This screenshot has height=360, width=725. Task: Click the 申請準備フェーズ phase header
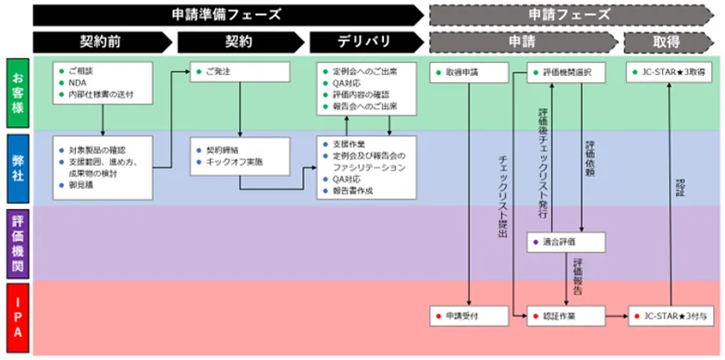(x=226, y=15)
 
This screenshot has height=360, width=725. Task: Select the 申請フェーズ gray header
(x=570, y=15)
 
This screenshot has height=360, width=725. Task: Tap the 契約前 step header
(x=100, y=41)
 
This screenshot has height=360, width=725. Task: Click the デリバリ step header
(x=362, y=41)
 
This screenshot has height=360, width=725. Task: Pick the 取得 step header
(x=666, y=41)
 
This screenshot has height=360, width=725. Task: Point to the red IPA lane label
(x=16, y=319)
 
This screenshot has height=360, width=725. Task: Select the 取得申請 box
(x=468, y=73)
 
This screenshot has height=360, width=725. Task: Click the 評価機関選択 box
(x=565, y=73)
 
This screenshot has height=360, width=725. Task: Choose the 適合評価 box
(x=565, y=243)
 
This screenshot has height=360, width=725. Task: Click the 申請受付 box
(x=468, y=316)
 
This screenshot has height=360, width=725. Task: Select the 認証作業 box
(x=565, y=316)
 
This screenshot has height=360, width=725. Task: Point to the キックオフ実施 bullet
(x=234, y=161)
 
